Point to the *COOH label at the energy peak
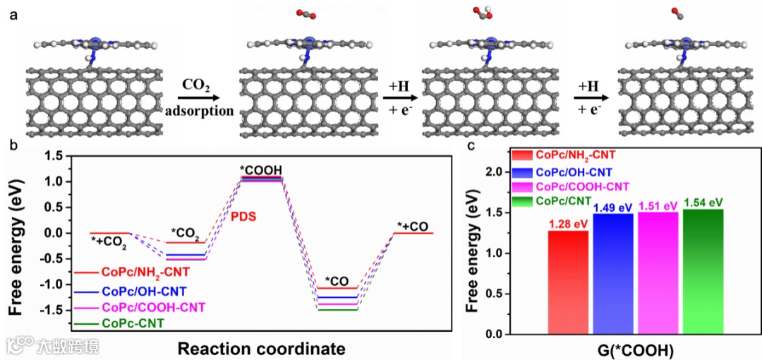(x=261, y=169)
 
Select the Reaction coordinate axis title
(x=261, y=349)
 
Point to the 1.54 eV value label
(x=703, y=203)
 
